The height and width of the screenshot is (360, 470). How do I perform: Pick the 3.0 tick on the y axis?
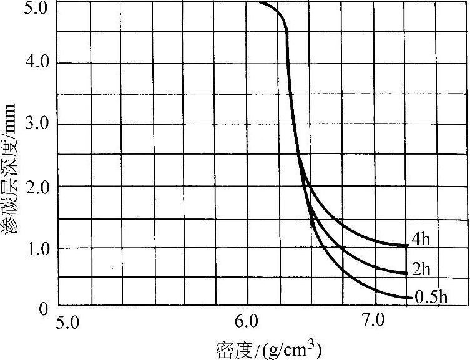click(29, 125)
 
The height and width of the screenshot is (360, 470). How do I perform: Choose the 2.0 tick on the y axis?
click(29, 187)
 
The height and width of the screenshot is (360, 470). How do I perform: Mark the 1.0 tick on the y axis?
click(29, 248)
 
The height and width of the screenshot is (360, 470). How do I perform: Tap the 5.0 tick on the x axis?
click(68, 323)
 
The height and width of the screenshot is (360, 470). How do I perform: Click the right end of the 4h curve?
click(408, 246)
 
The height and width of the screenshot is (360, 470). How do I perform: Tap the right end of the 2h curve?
click(408, 273)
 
